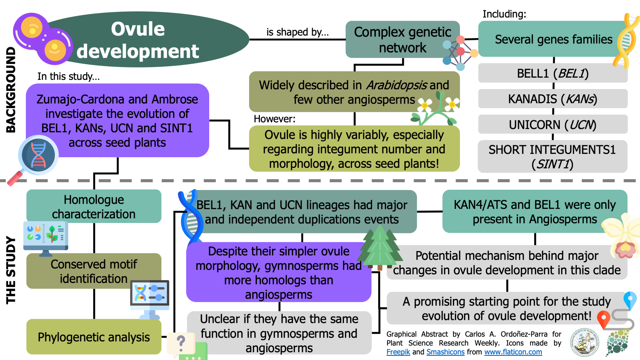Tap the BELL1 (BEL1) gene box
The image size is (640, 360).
553,73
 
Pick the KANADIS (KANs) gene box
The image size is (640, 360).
553,99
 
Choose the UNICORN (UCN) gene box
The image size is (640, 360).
553,124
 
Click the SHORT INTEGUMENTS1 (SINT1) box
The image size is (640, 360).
553,157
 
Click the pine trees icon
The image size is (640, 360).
380,248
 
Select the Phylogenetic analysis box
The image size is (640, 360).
94,337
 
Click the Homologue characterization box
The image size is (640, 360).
94,206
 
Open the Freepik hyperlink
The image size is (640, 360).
398,352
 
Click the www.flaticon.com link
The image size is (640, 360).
513,352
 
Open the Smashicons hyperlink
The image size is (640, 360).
445,352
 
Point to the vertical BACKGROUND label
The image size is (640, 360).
11,90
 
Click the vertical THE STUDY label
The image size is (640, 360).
11,270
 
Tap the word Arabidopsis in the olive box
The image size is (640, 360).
397,85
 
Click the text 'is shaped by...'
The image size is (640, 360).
297,32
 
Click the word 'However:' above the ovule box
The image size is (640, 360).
274,119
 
